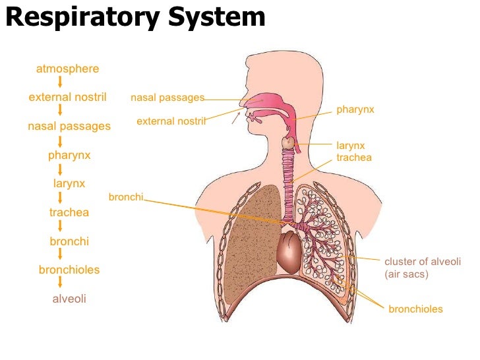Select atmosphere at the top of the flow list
(x=68, y=69)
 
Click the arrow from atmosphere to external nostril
(x=61, y=82)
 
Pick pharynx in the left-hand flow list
(x=69, y=156)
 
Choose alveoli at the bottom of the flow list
(x=69, y=299)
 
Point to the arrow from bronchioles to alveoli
(x=61, y=284)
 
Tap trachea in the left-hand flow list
(x=69, y=212)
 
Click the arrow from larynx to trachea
(x=61, y=198)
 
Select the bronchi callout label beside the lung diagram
(x=125, y=197)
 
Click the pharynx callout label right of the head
(x=355, y=109)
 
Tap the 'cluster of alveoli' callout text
(x=422, y=261)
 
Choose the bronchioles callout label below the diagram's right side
(x=415, y=309)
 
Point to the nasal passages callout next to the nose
(x=167, y=98)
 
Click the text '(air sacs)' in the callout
(x=406, y=274)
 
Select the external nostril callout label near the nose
(x=171, y=121)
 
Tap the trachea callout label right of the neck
(x=354, y=158)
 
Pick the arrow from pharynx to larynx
(x=61, y=169)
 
